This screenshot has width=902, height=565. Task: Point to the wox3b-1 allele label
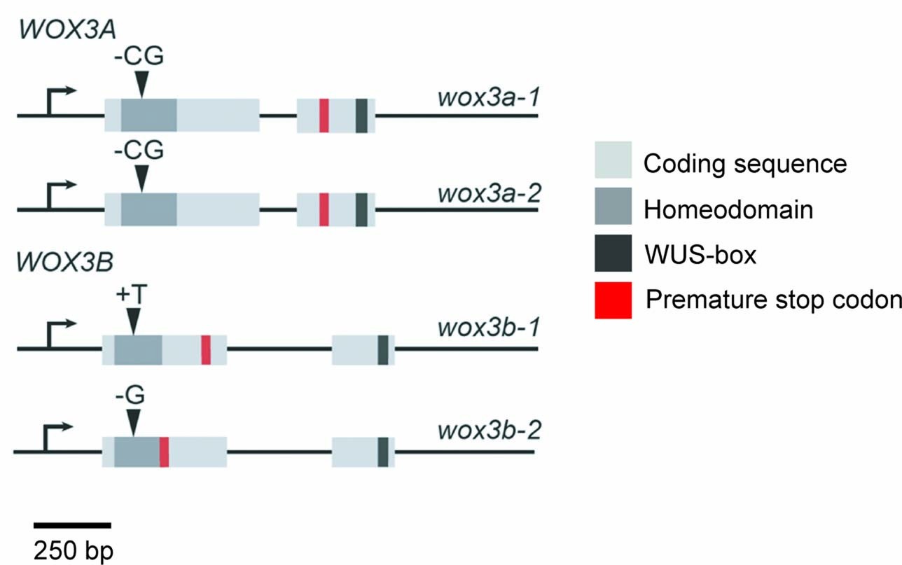[488, 327]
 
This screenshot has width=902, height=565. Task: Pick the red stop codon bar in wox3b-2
[164, 452]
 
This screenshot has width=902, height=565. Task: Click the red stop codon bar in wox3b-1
[206, 349]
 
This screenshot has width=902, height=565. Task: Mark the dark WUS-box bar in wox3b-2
[383, 452]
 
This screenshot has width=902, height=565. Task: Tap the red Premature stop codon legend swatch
[613, 300]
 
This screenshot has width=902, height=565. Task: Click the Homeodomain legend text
[728, 209]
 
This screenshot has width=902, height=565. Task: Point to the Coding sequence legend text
[745, 164]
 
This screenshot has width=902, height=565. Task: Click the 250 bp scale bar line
[72, 524]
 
